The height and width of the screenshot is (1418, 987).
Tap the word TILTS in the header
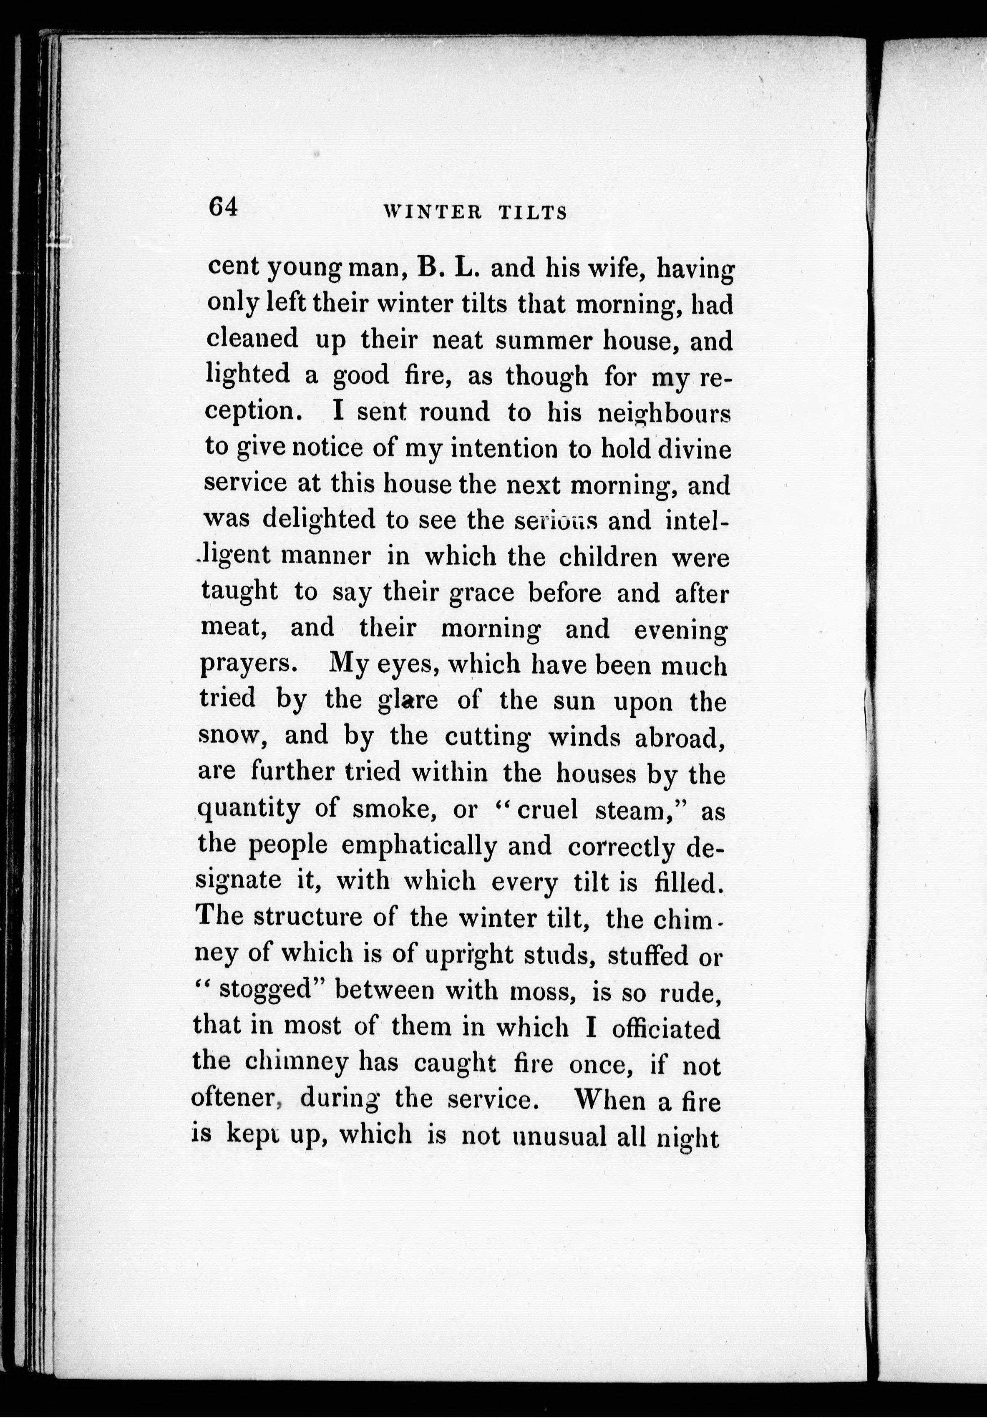click(x=532, y=213)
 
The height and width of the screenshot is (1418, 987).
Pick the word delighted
click(x=318, y=520)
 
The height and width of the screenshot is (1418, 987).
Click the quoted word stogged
click(x=267, y=990)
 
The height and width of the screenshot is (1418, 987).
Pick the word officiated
click(x=667, y=1027)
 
